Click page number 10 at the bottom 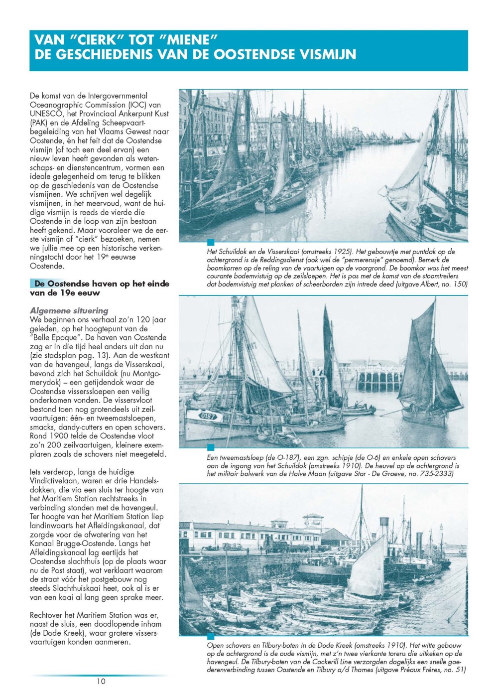coord(101,681)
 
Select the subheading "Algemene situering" coord(69,310)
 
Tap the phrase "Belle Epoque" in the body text coord(56,338)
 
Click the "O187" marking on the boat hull coord(207,416)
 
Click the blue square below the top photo coord(211,243)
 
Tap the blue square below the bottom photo coord(211,636)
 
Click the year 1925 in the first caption coord(340,252)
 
